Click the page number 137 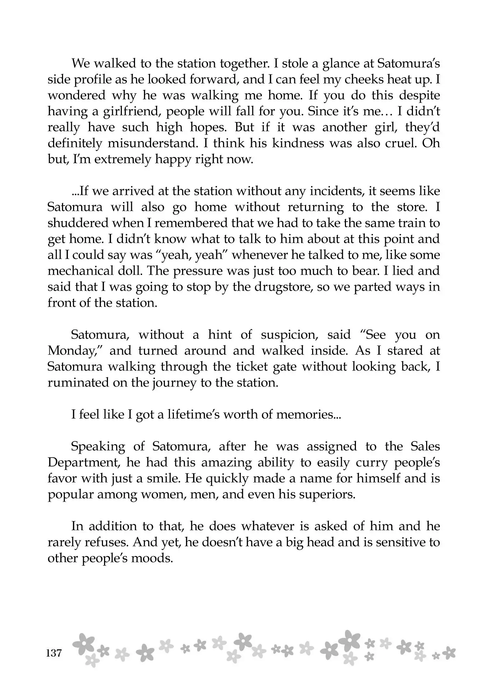tap(54, 654)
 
